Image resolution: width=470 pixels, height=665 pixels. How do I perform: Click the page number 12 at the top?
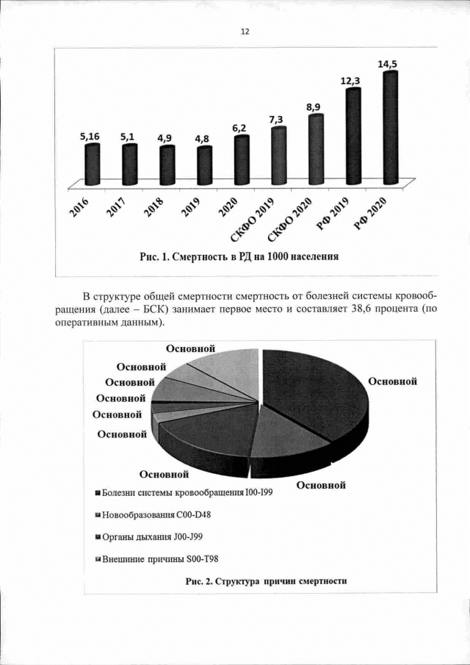(x=245, y=32)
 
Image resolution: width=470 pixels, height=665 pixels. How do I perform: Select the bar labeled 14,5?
(x=391, y=129)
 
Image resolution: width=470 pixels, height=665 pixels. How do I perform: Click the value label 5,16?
(x=90, y=137)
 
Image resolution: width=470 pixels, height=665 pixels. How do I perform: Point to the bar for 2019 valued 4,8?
(x=205, y=166)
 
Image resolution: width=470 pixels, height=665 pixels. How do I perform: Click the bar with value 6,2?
(x=242, y=160)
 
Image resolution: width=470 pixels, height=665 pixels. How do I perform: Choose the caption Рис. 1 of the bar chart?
(x=239, y=256)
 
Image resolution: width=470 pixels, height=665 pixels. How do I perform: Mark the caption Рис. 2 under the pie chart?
(x=266, y=581)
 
